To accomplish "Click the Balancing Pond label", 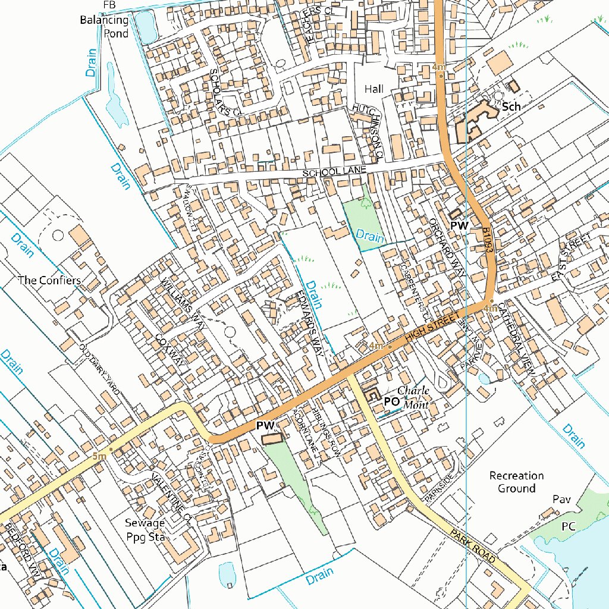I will [105, 27].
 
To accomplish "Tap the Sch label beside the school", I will [511, 107].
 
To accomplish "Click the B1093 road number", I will [489, 241].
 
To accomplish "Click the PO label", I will [391, 401].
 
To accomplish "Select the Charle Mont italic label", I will [413, 398].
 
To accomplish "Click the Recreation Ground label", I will [516, 482].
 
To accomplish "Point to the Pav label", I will [561, 499].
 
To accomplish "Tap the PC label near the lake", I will [568, 526].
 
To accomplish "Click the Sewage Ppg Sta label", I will [145, 529].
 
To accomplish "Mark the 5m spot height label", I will [99, 456].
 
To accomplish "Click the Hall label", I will [374, 89].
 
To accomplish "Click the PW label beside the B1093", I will [459, 226].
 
